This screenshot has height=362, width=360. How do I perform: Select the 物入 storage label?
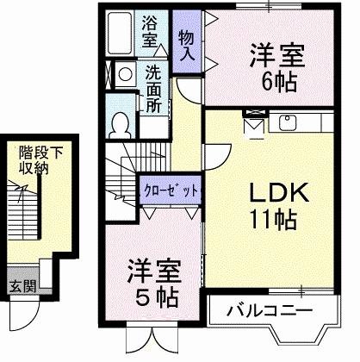[x=185, y=45]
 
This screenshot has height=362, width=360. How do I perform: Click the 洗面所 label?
[x=152, y=88]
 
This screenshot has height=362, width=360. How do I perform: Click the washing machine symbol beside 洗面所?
[x=122, y=75]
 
